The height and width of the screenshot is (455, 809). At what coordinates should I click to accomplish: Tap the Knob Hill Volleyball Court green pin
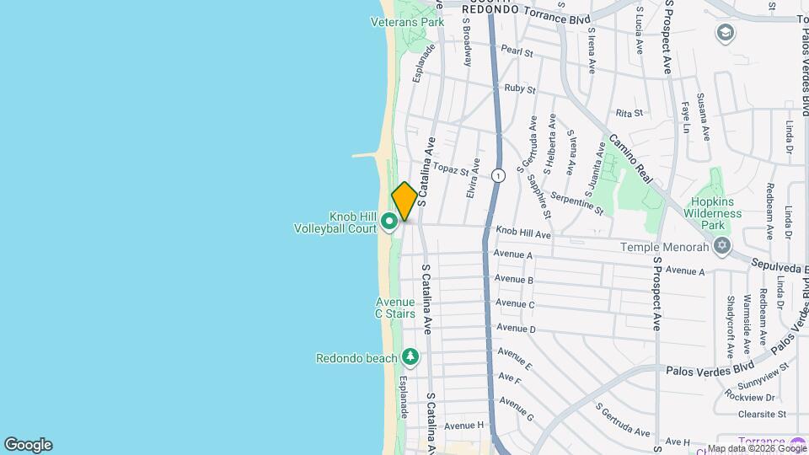pyautogui.click(x=389, y=222)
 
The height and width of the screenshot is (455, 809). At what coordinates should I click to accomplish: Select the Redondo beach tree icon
pyautogui.click(x=410, y=357)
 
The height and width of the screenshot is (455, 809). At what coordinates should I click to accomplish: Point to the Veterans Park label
pyautogui.click(x=407, y=22)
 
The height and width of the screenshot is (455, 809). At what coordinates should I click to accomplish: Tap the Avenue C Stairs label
pyautogui.click(x=395, y=308)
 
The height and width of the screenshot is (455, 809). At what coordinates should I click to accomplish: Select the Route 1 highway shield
pyautogui.click(x=499, y=176)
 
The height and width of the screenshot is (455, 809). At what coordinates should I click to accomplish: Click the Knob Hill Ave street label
pyautogui.click(x=522, y=232)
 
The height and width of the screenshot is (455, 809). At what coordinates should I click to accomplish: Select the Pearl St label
pyautogui.click(x=517, y=51)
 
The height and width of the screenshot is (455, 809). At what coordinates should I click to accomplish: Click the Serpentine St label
pyautogui.click(x=576, y=201)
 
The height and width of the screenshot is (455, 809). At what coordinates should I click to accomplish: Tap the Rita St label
pyautogui.click(x=630, y=112)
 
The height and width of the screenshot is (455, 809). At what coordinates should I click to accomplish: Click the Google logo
pyautogui.click(x=28, y=445)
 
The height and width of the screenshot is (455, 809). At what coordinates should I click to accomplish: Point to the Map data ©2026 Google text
pyautogui.click(x=756, y=448)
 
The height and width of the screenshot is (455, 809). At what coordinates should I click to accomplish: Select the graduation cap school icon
pyautogui.click(x=724, y=33)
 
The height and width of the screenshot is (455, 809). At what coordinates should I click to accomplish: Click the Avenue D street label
pyautogui.click(x=516, y=329)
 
